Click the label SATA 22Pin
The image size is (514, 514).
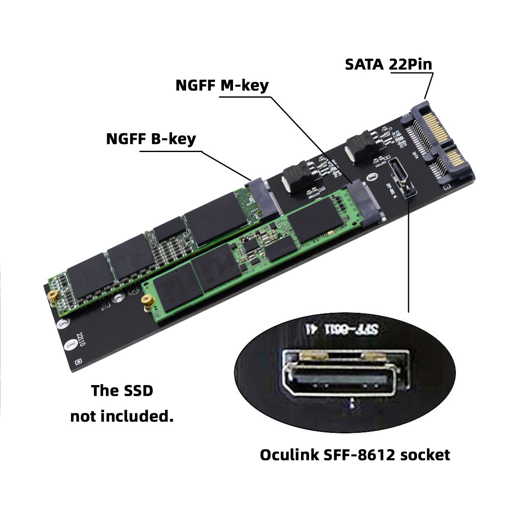pos(388,64)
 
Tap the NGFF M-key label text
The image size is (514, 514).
pos(222,85)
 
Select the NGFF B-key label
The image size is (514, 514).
pos(151,139)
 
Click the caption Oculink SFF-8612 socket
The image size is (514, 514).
pos(355,454)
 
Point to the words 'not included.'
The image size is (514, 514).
pos(122,416)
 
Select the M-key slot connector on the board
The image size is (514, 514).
pos(362,203)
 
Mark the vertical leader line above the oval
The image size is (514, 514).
pos(409,257)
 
